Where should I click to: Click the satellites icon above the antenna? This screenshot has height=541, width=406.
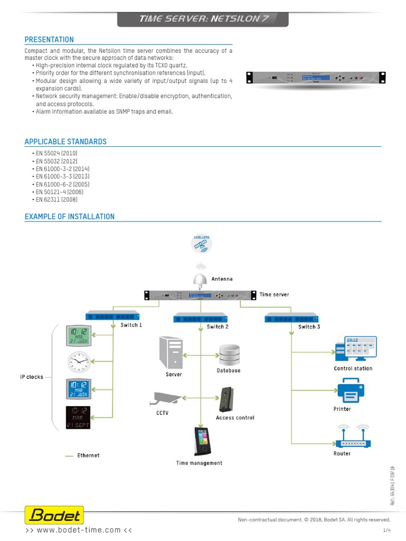pyautogui.click(x=201, y=242)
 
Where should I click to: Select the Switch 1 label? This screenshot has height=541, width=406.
pyautogui.click(x=131, y=325)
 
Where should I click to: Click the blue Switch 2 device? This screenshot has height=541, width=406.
pyautogui.click(x=200, y=318)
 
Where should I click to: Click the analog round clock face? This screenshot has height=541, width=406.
pyautogui.click(x=79, y=362)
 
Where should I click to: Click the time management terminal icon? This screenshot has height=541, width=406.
pyautogui.click(x=200, y=441)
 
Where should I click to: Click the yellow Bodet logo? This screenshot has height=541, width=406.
pyautogui.click(x=54, y=515)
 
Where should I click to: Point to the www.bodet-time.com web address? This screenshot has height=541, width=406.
pyautogui.click(x=79, y=530)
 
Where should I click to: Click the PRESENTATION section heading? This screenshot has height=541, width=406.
pyautogui.click(x=49, y=40)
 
